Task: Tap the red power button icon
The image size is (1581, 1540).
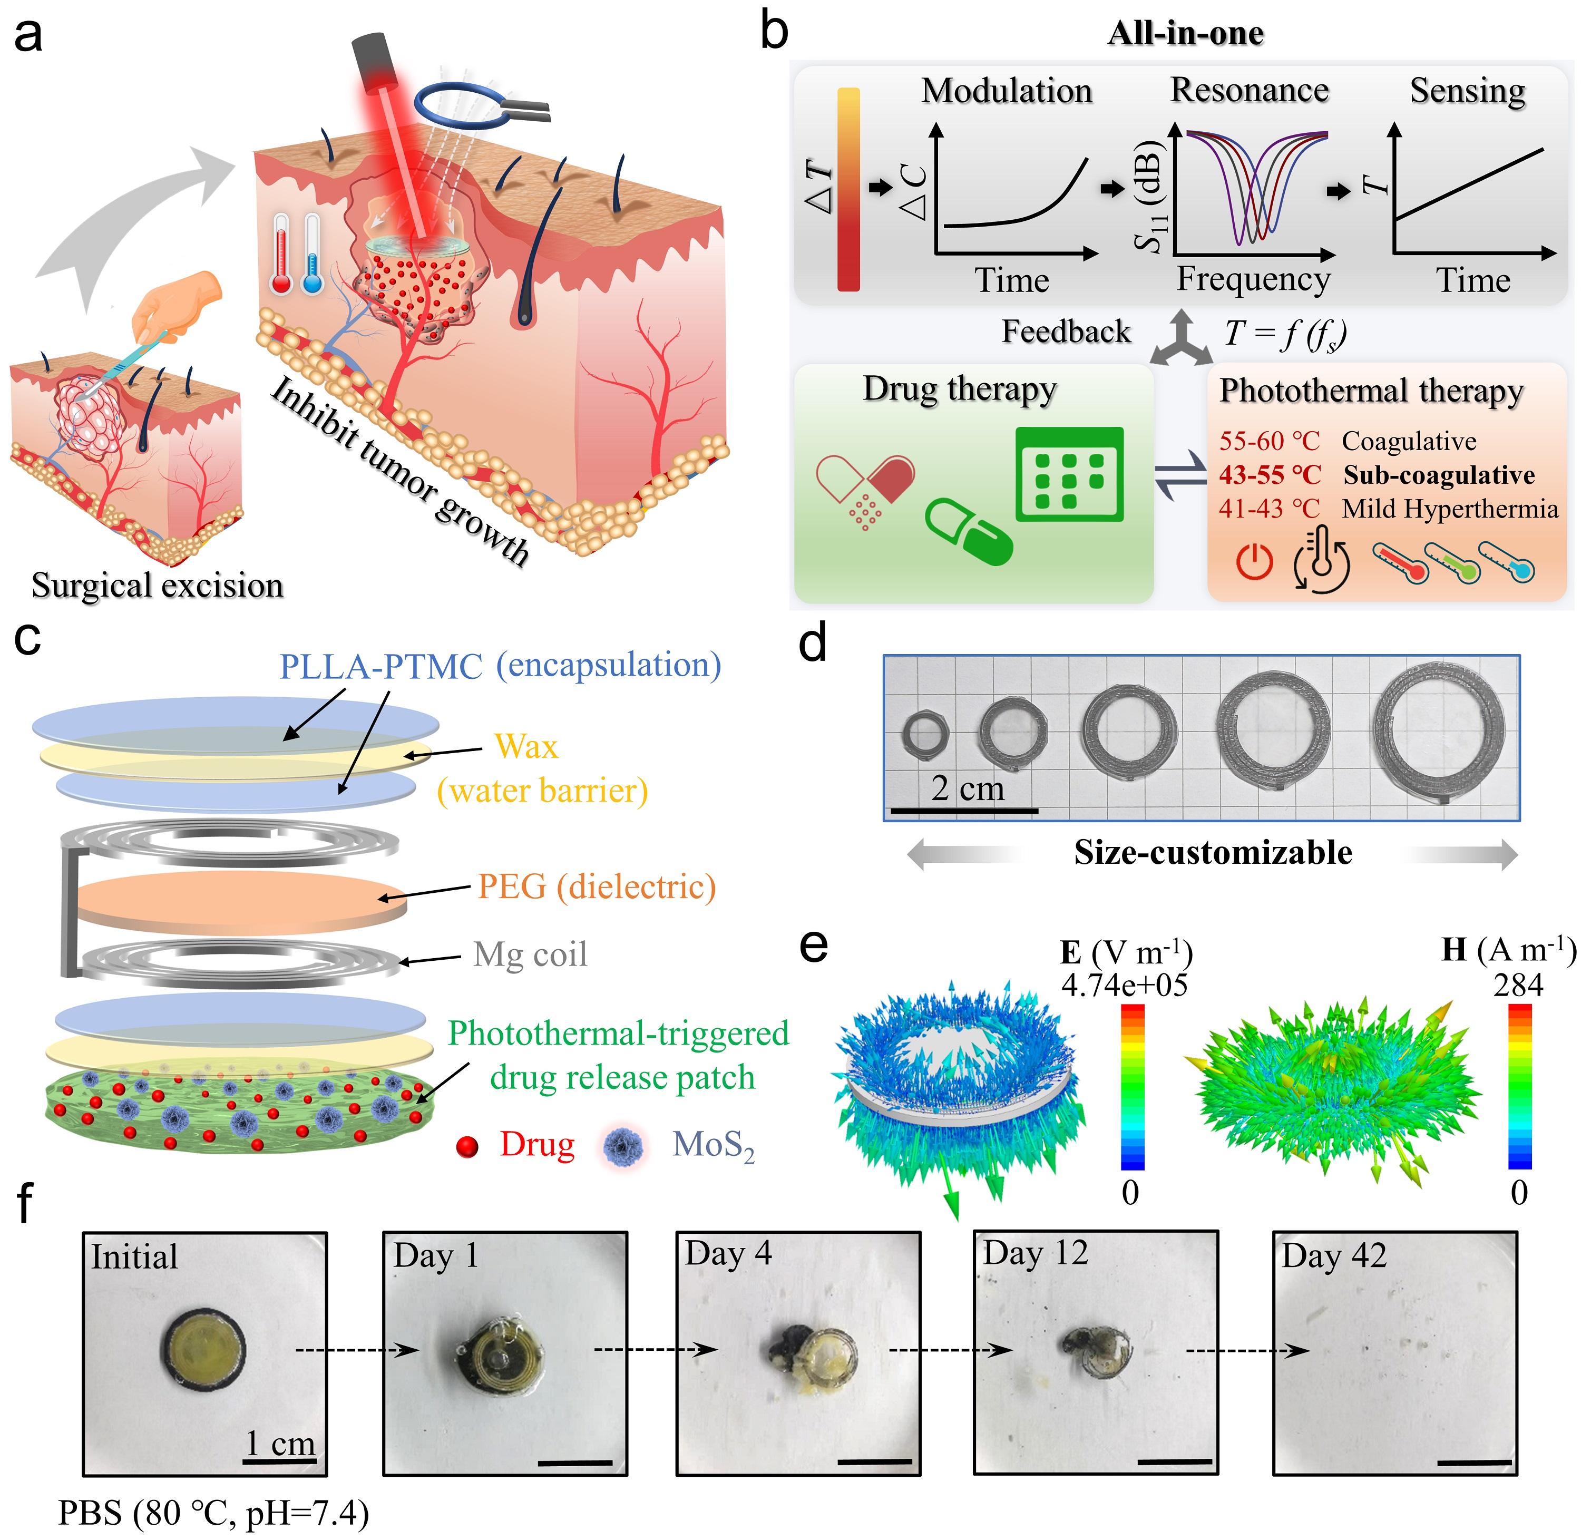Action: [x=1254, y=561]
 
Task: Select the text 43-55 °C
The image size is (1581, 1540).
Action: [x=1270, y=475]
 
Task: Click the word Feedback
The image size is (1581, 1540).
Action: [x=1066, y=332]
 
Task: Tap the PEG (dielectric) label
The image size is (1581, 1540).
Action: [x=597, y=886]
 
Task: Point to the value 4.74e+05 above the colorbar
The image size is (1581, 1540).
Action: [x=1124, y=985]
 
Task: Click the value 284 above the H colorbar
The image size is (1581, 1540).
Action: [x=1518, y=985]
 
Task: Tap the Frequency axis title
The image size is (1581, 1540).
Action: [x=1253, y=279]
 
